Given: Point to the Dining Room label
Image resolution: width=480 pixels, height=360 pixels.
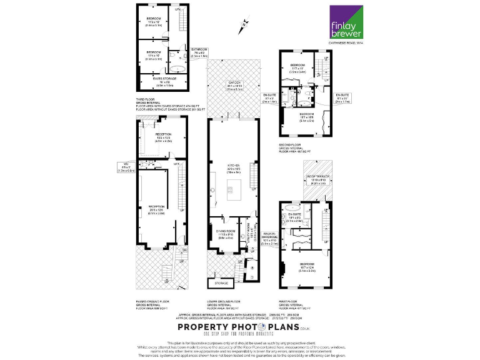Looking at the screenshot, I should click(x=226, y=234).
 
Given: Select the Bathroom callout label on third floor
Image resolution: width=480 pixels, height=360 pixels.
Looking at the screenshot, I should click(x=199, y=51).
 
